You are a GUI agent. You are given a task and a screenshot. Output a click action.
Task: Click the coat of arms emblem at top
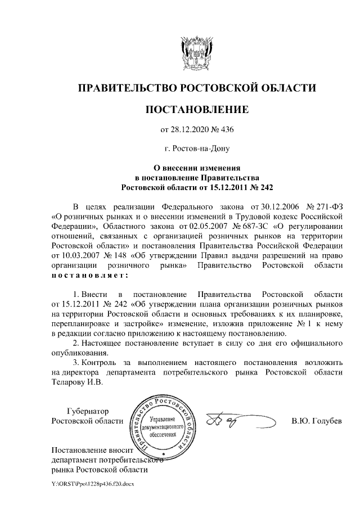[x=196, y=52]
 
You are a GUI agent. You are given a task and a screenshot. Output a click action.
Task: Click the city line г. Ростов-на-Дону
[x=196, y=149]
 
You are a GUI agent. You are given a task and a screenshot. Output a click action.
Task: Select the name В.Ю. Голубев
[x=316, y=422]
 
